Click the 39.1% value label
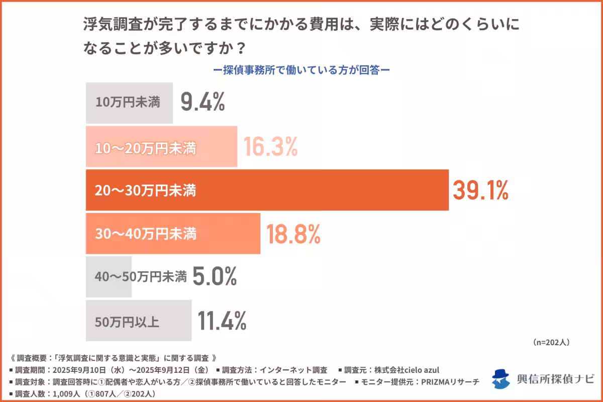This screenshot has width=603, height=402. pos(481,190)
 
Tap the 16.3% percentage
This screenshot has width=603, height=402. pos(270,147)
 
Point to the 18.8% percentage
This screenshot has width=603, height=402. pos(293,234)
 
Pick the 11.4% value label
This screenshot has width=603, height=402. pos(222,321)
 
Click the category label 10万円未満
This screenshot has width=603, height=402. pos(128,103)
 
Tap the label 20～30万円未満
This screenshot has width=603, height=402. pos(145,191)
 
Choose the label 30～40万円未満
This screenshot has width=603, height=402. pos(145,234)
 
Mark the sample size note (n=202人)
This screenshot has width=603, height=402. pos(550,342)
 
